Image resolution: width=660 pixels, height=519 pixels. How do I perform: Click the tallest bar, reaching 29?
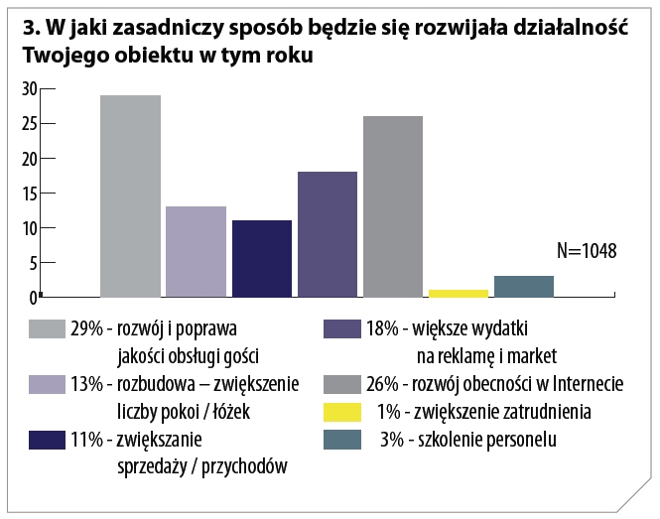(x=130, y=195)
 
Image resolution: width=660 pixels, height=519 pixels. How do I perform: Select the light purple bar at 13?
(x=196, y=251)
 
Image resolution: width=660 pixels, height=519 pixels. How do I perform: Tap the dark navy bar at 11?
(x=261, y=258)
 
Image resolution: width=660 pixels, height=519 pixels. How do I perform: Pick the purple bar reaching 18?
(x=327, y=234)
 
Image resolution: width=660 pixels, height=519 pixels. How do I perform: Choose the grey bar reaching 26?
(x=392, y=206)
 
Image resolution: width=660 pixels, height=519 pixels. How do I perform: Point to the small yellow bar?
(x=459, y=293)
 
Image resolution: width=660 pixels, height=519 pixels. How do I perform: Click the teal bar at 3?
(x=523, y=286)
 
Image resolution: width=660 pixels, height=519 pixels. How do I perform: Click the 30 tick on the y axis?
(x=29, y=88)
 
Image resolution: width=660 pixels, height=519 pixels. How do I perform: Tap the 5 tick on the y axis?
(x=33, y=263)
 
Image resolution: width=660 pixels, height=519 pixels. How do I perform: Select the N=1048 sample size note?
(x=587, y=251)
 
